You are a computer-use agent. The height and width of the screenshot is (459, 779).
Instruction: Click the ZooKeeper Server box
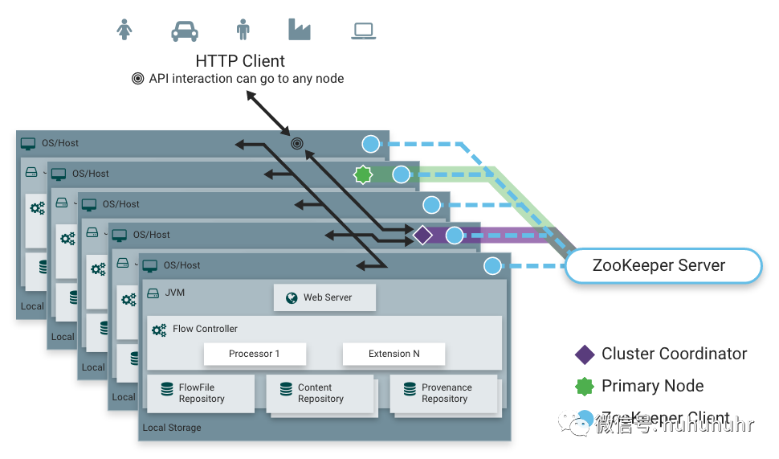pyautogui.click(x=663, y=266)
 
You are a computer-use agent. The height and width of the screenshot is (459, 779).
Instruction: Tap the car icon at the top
pyautogui.click(x=185, y=31)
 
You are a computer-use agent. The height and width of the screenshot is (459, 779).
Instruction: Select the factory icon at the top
pyautogui.click(x=299, y=29)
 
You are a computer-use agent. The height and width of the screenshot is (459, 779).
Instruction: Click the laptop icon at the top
pyautogui.click(x=364, y=31)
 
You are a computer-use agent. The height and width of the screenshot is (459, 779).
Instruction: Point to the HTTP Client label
pyautogui.click(x=240, y=61)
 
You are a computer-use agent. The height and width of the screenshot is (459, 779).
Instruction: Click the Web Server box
pyautogui.click(x=324, y=297)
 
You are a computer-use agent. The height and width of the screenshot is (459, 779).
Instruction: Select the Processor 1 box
pyautogui.click(x=255, y=354)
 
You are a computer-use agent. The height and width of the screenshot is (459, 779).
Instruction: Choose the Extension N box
pyautogui.click(x=394, y=354)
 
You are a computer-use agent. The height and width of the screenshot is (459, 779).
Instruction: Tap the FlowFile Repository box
pyautogui.click(x=201, y=393)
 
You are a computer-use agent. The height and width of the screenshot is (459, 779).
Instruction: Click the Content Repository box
pyautogui.click(x=320, y=393)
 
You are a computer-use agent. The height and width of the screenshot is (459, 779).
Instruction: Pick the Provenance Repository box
pyautogui.click(x=444, y=393)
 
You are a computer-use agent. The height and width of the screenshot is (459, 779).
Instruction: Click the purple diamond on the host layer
pyautogui.click(x=423, y=236)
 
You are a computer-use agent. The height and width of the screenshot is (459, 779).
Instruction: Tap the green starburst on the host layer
pyautogui.click(x=363, y=174)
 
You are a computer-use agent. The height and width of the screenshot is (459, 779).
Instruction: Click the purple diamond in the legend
pyautogui.click(x=585, y=354)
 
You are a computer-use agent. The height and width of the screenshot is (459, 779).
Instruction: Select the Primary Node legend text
pyautogui.click(x=652, y=387)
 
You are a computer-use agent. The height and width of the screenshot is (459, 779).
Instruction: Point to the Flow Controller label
pyautogui.click(x=205, y=329)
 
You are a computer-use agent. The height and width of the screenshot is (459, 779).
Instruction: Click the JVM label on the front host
pyautogui.click(x=174, y=293)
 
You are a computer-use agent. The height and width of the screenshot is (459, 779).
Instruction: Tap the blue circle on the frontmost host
pyautogui.click(x=493, y=266)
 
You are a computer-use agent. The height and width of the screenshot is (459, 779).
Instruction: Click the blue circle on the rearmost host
pyautogui.click(x=370, y=144)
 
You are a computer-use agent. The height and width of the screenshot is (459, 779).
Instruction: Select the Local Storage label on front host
pyautogui.click(x=172, y=428)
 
